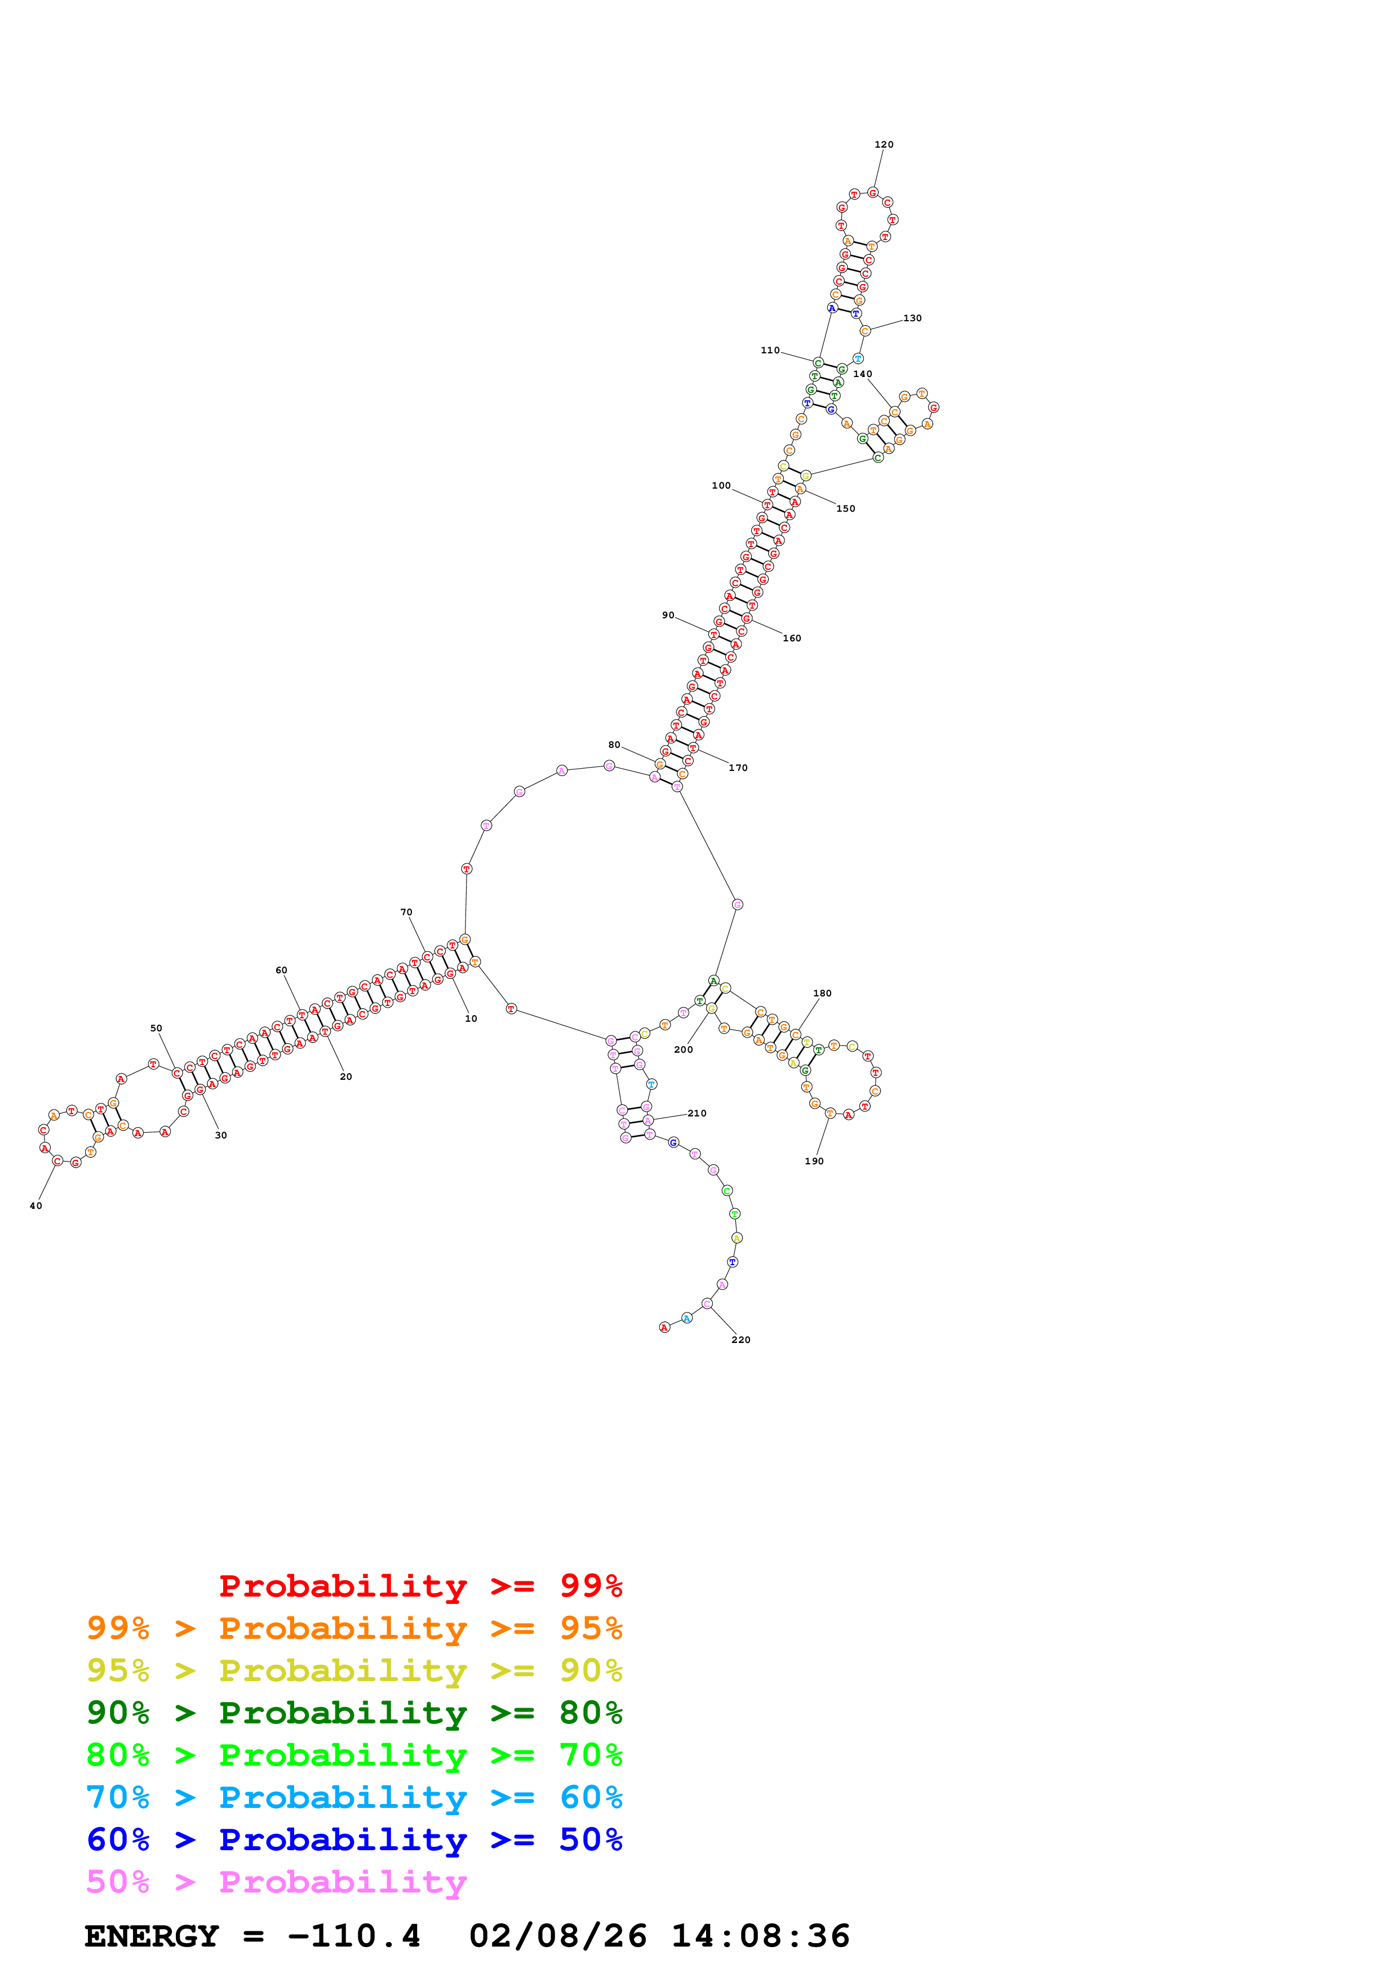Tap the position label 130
(x=912, y=318)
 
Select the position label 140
(x=862, y=374)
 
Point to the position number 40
(x=36, y=1205)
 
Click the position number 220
(x=740, y=1340)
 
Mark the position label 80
(x=614, y=745)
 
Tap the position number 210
(x=697, y=1114)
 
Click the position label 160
(x=791, y=638)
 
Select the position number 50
(x=156, y=1028)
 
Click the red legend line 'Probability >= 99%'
(x=420, y=1585)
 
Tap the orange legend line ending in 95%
(x=354, y=1628)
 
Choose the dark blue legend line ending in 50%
(x=354, y=1839)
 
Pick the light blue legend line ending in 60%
(x=354, y=1797)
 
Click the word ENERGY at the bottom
(x=152, y=1936)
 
